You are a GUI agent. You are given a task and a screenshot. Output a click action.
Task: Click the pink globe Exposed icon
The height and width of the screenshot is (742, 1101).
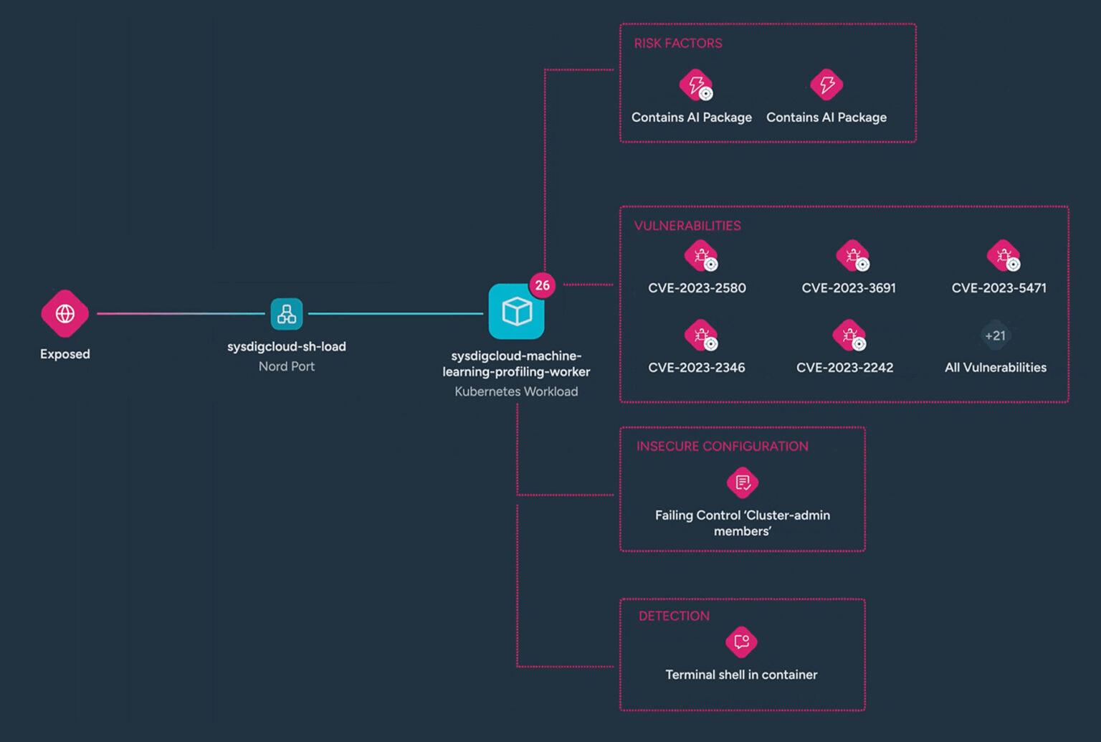click(65, 313)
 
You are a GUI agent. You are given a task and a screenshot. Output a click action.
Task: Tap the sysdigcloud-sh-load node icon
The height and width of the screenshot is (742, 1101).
click(287, 313)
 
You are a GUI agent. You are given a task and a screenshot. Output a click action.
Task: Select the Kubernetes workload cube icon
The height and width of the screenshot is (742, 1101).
click(516, 312)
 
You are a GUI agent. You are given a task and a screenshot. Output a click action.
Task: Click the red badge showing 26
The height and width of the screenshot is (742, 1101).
click(543, 285)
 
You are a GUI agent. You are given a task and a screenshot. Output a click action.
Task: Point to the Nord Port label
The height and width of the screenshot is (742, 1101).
click(287, 366)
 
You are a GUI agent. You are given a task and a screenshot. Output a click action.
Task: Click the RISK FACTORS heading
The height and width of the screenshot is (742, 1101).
click(677, 43)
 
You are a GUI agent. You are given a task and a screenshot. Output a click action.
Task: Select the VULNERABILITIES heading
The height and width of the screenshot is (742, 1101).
click(687, 226)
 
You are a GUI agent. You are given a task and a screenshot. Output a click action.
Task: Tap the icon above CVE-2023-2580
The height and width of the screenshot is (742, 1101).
click(700, 255)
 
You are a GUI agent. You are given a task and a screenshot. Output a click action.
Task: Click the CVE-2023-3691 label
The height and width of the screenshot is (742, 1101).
click(849, 288)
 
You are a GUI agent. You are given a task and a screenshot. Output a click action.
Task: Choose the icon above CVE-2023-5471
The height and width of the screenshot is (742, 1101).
click(1003, 255)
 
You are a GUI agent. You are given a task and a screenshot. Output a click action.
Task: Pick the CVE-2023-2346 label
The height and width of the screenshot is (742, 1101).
click(696, 368)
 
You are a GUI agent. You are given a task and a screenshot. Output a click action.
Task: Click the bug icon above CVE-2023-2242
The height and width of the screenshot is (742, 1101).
click(849, 335)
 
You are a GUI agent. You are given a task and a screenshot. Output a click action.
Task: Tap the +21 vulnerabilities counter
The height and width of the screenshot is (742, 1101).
click(995, 336)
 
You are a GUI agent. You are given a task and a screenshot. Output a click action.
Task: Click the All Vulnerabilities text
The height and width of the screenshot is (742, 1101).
click(995, 368)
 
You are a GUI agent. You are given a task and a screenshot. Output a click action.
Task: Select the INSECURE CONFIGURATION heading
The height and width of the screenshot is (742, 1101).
click(722, 446)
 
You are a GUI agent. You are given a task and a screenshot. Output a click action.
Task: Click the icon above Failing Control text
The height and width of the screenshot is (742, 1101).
click(743, 482)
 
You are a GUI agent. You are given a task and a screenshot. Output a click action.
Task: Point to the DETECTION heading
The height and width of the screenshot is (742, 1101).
click(674, 616)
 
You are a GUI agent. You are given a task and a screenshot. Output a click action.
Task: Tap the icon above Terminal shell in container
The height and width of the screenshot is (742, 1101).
click(741, 642)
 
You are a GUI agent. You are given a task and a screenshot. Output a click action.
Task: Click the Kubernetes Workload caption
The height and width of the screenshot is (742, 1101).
click(516, 391)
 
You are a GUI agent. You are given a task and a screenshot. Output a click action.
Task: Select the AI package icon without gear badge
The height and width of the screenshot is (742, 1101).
click(826, 85)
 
